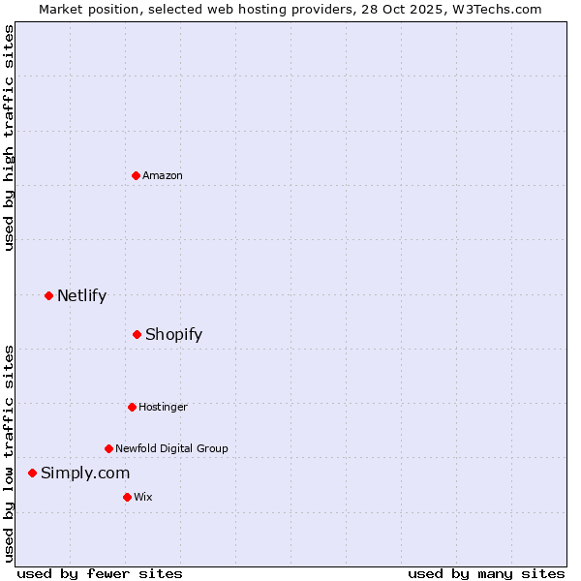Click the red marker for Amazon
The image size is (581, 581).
(137, 175)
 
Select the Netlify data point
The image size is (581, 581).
(48, 295)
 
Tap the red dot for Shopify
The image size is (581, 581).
(137, 334)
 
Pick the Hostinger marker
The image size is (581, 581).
(132, 407)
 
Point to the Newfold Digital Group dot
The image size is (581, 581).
(108, 448)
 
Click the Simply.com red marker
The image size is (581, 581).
(32, 473)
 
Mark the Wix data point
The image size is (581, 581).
(127, 497)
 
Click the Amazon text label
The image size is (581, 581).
(163, 175)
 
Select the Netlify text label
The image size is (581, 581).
(81, 295)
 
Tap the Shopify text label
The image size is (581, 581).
(173, 334)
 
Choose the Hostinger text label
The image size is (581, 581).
(163, 407)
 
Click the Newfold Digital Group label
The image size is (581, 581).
(171, 448)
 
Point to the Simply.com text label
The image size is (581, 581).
(85, 473)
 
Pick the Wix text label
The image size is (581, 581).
(143, 497)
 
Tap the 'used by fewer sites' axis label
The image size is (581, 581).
(100, 573)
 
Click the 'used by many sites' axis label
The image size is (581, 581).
(486, 573)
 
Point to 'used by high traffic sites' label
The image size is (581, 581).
(9, 138)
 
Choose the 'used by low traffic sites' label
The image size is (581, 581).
(9, 453)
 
